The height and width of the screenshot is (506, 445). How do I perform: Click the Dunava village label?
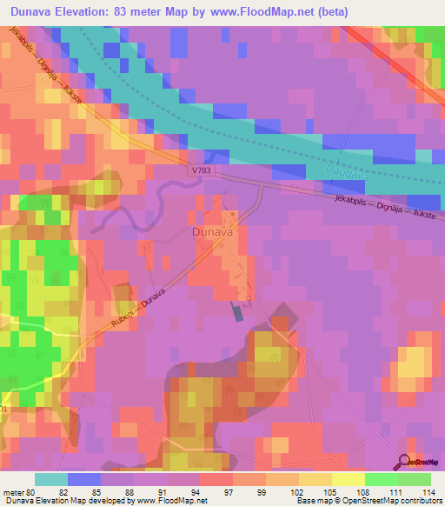[209, 233]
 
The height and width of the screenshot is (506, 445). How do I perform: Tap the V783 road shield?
[200, 172]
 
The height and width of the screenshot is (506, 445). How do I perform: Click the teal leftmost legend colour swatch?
[51, 479]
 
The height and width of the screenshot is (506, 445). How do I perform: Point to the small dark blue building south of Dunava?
[237, 312]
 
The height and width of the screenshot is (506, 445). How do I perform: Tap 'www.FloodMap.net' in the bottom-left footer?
[171, 502]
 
